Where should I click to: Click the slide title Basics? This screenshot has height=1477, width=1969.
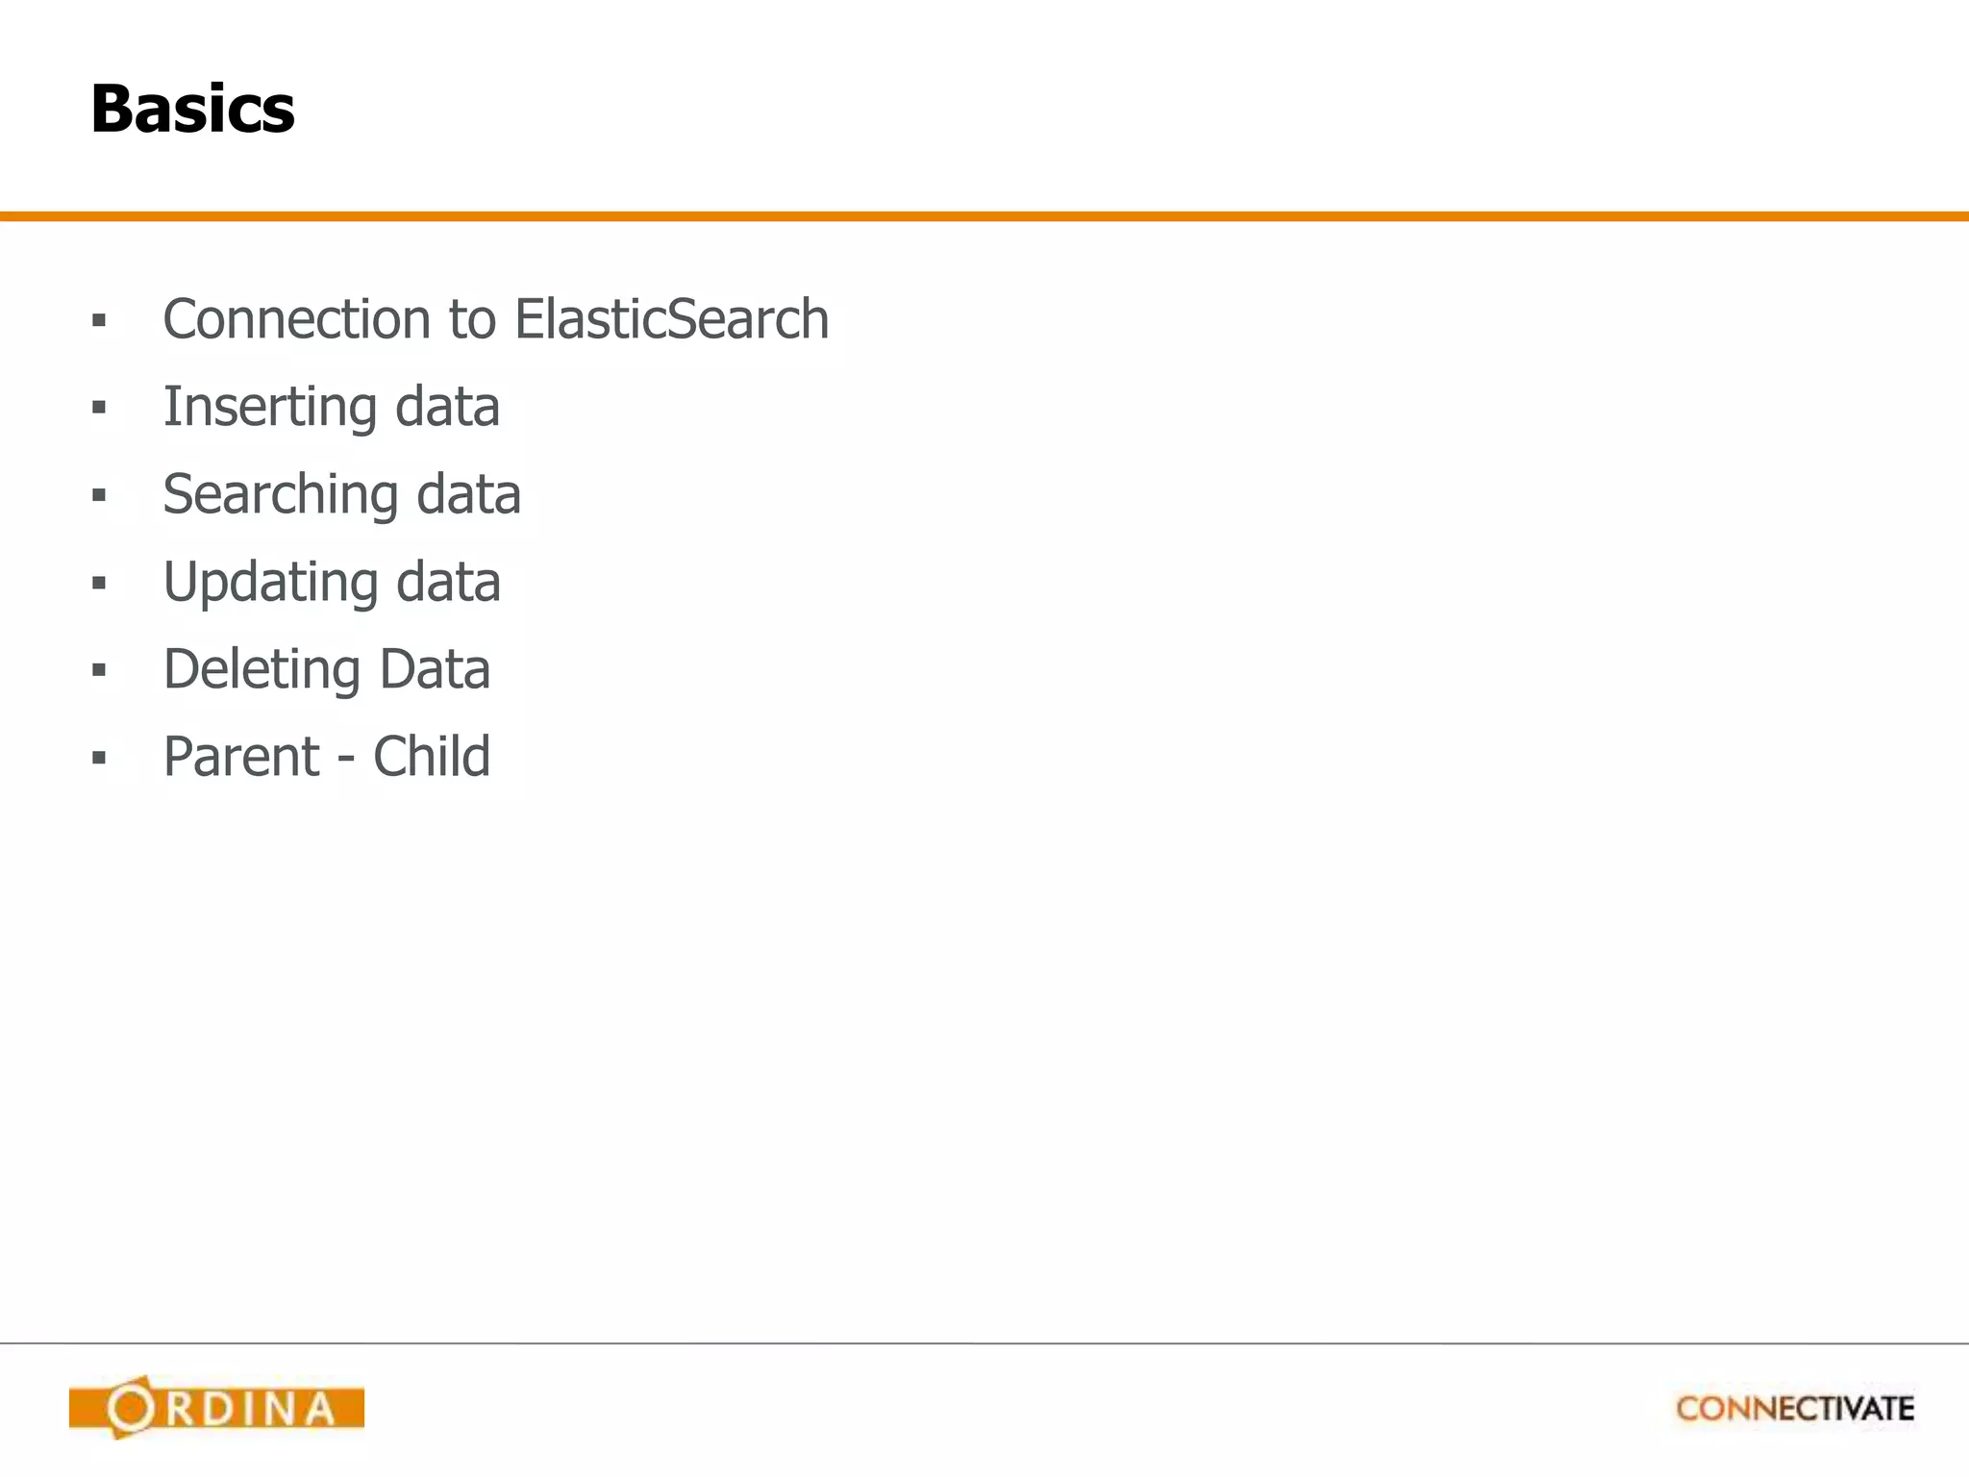[x=192, y=109]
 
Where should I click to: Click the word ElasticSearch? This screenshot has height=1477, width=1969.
[x=671, y=319]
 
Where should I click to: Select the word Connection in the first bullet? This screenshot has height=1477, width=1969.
[x=296, y=319]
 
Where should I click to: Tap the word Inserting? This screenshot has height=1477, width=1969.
[x=269, y=408]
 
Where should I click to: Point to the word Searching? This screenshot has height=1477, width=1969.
[x=280, y=495]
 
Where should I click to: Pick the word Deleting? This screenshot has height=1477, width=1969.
[x=262, y=669]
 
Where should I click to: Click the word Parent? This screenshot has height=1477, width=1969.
[x=240, y=757]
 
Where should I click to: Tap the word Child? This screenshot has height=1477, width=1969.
[x=432, y=757]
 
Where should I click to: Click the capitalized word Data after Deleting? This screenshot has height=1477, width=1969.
[x=435, y=669]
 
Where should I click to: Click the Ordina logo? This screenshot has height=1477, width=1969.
[x=216, y=1408]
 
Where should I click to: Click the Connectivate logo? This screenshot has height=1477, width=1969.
[x=1795, y=1409]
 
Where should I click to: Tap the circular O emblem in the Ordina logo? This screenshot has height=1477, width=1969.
[x=130, y=1408]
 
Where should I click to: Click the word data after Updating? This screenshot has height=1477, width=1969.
[x=448, y=583]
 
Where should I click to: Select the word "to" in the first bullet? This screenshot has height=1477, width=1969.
[x=471, y=319]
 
